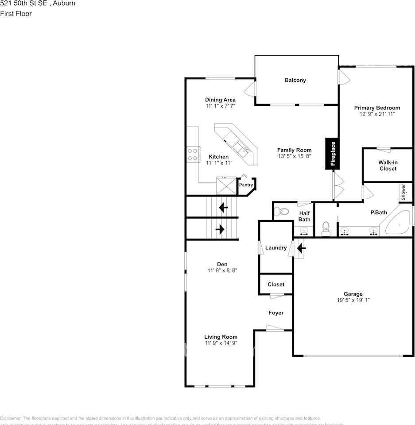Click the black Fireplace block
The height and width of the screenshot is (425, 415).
pos(334,154)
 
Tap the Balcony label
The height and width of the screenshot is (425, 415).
pos(295,80)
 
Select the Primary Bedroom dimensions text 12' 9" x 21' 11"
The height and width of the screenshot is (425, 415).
pos(377,114)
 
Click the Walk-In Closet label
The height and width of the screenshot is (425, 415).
pos(388,166)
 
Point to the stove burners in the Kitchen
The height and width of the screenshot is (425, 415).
pos(193,155)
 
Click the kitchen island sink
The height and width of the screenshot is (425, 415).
pos(241,149)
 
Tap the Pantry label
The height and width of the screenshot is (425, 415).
pos(246,185)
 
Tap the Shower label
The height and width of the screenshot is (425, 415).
pos(403,193)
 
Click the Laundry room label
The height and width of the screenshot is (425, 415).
pos(275,248)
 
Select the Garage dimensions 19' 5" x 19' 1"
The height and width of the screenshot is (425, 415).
pos(353,300)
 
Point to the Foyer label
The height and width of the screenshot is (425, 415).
pos(276,313)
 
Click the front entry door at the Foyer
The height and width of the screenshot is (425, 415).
pos(275,328)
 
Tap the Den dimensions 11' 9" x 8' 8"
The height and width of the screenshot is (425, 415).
pos(222,270)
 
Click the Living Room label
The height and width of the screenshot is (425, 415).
pos(221,337)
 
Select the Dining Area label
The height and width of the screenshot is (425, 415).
pos(220,100)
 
